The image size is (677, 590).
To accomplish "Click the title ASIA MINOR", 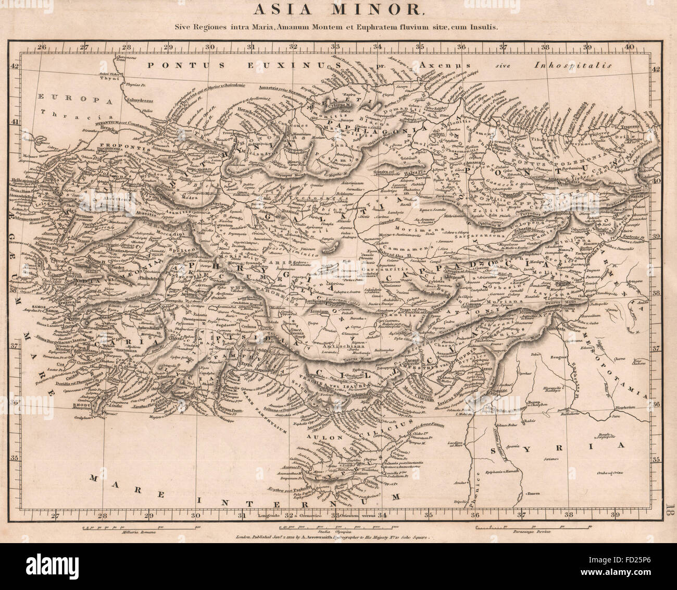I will coord(338,9).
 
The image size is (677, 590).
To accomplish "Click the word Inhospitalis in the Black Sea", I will coord(572,66).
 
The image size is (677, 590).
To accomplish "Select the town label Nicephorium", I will coord(632,409).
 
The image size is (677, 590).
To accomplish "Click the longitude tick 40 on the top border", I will coord(629,47).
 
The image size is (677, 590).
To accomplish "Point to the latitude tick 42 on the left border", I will coord(16,66).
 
